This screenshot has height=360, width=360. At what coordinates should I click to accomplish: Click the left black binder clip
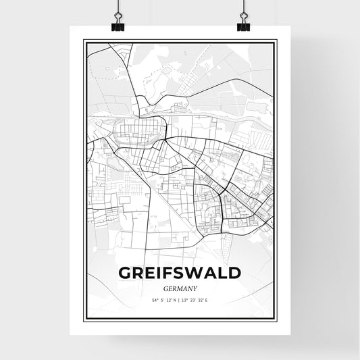tap(117, 26)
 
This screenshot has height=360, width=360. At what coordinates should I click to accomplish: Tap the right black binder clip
tap(243, 26)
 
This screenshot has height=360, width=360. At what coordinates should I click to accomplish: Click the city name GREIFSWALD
tap(180, 273)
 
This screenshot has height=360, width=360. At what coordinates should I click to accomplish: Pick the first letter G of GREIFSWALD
tap(126, 273)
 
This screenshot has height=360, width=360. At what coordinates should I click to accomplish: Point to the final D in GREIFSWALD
tap(234, 273)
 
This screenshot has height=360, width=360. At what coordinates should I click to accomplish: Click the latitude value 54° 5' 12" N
tap(162, 300)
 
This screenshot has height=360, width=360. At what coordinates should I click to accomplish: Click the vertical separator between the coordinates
tap(180, 300)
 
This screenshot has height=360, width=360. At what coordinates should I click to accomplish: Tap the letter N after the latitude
tap(174, 300)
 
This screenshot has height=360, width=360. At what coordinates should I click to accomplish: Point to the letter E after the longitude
tap(212, 300)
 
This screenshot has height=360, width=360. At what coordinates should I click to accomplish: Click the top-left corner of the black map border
tap(84, 41)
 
